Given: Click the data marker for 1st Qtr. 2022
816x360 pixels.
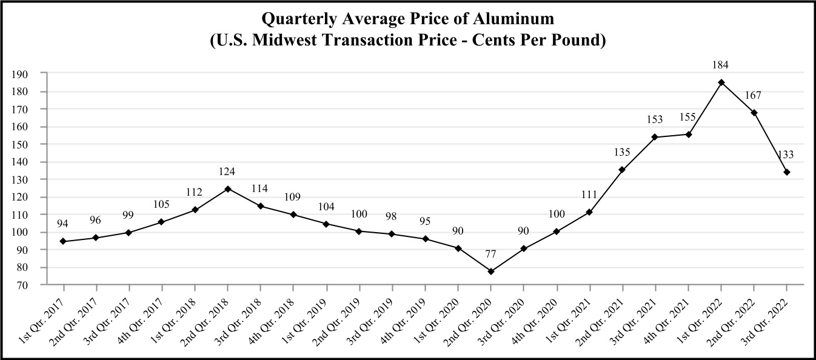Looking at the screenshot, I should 721,82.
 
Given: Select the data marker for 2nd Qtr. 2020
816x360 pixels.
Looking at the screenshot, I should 491,272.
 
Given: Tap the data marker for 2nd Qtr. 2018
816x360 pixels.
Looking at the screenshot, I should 227,188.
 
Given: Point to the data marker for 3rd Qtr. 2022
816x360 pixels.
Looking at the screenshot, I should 787,172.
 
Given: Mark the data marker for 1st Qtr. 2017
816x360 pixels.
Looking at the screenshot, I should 63,241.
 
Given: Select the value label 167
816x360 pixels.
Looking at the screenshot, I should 754,96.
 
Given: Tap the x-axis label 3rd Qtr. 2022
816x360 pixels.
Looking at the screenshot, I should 771,313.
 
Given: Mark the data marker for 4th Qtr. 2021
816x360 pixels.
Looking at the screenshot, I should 688,135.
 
